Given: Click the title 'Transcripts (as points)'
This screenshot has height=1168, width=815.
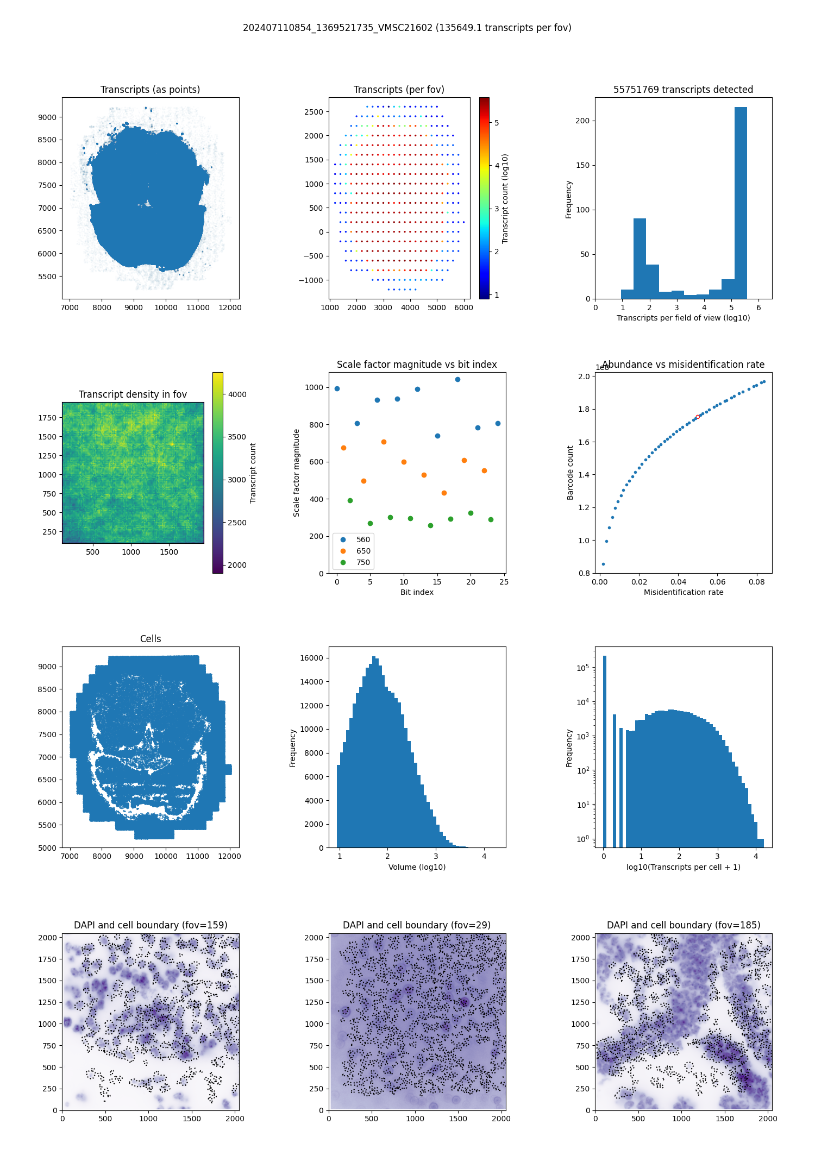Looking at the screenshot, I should pyautogui.click(x=150, y=90).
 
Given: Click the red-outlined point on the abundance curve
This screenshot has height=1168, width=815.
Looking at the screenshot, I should pyautogui.click(x=698, y=417).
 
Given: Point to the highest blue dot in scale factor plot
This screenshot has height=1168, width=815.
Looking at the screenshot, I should pyautogui.click(x=457, y=379).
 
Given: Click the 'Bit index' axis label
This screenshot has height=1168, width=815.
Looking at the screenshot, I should pyautogui.click(x=417, y=592).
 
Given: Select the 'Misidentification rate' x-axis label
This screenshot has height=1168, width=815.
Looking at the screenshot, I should pyautogui.click(x=684, y=592).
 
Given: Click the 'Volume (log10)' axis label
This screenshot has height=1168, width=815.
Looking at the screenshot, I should pyautogui.click(x=417, y=867).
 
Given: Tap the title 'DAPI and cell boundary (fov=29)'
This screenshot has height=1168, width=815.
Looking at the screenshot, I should pyautogui.click(x=417, y=925).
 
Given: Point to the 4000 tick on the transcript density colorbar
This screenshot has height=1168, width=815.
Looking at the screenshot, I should pyautogui.click(x=237, y=394).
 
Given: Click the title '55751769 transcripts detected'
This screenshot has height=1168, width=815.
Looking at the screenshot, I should pyautogui.click(x=684, y=90).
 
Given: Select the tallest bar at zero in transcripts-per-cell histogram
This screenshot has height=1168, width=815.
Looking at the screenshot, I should pyautogui.click(x=604, y=750).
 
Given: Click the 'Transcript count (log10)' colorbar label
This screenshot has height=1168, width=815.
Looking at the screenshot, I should pyautogui.click(x=505, y=198).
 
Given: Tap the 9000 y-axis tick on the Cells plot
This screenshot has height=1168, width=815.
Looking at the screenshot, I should pyautogui.click(x=48, y=667).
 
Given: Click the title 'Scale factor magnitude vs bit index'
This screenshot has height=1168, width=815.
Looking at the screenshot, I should pyautogui.click(x=417, y=365).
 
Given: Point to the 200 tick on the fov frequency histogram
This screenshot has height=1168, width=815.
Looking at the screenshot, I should pyautogui.click(x=582, y=121).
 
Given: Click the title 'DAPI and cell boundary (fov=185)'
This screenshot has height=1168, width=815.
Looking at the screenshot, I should pyautogui.click(x=684, y=925).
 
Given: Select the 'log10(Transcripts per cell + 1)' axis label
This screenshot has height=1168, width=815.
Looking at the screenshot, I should pyautogui.click(x=684, y=867).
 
